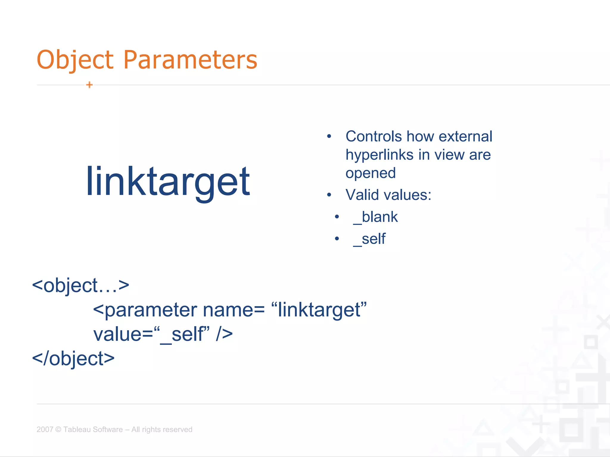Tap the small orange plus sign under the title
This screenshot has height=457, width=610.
[x=89, y=85]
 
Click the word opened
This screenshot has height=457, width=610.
[x=371, y=173]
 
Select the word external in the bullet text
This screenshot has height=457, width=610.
[x=465, y=137]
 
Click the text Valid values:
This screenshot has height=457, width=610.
[x=388, y=195]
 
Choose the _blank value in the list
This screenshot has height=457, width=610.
[x=375, y=217]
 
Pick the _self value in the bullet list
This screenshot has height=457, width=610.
[x=369, y=239]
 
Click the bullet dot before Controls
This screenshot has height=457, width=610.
[x=329, y=137]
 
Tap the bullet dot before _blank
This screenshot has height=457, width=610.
[x=337, y=217]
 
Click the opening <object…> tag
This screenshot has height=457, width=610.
[x=80, y=286]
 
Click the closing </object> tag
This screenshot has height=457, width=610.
[x=73, y=359]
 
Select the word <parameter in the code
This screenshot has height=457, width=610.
[x=145, y=310]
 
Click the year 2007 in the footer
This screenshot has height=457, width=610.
[x=45, y=429]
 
